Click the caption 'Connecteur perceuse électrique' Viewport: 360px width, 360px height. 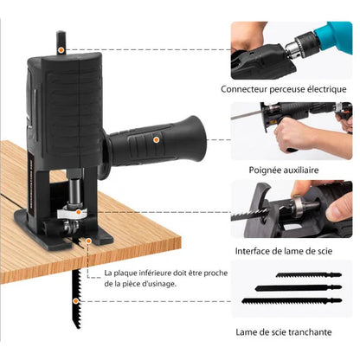[290, 88]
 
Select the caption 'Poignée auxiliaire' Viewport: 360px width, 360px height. [290, 171]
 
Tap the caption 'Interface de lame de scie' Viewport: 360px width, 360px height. [290, 251]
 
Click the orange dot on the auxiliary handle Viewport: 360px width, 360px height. [156, 138]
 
